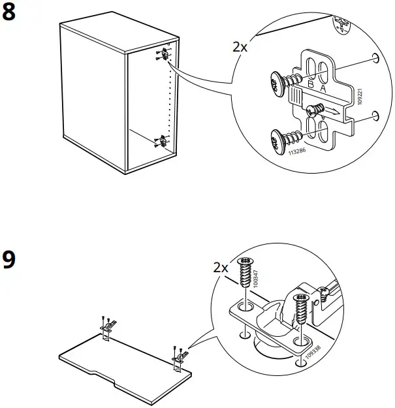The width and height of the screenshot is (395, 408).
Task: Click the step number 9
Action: click(x=10, y=260)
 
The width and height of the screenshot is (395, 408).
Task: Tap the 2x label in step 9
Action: click(x=221, y=268)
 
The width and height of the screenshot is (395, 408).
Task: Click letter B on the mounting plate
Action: click(x=311, y=85)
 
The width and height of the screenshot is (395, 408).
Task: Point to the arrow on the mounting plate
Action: click(x=332, y=112)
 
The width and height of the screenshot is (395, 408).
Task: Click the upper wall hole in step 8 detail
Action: click(x=374, y=59)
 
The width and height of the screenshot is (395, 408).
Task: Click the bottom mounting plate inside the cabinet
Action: click(x=161, y=139)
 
